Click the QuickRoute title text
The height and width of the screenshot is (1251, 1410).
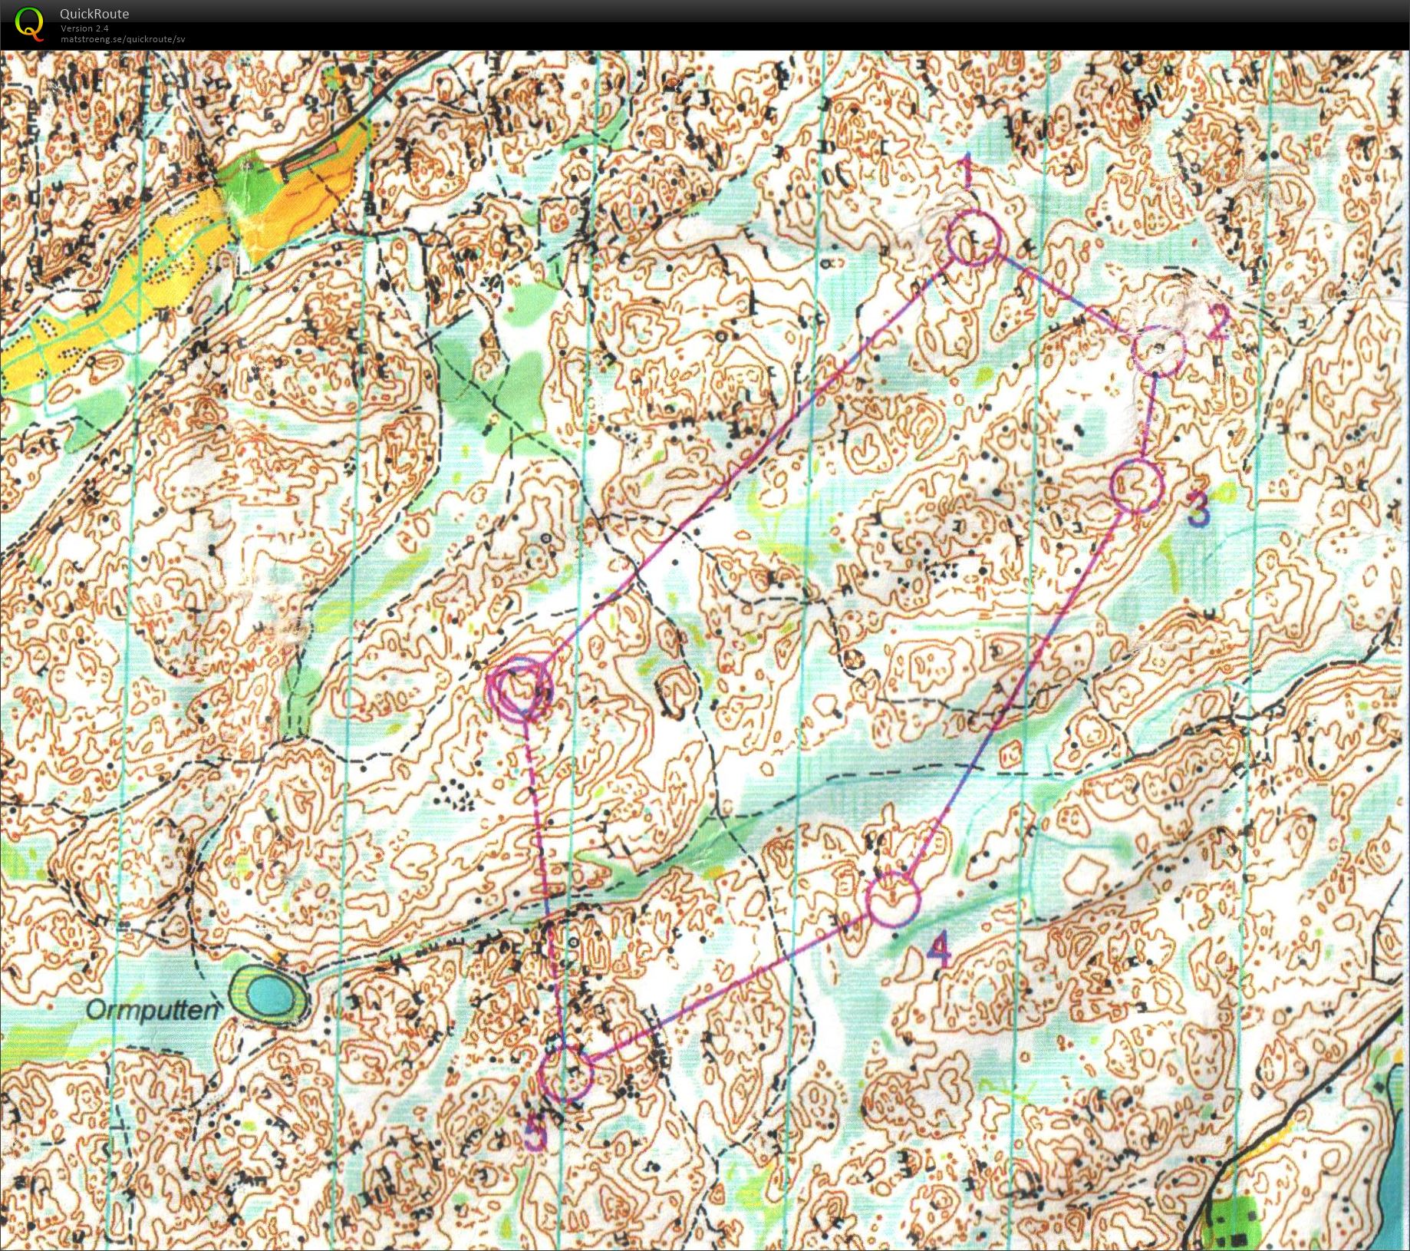click(94, 13)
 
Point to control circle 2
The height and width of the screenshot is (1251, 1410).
click(1158, 350)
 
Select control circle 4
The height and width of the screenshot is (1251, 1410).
click(893, 899)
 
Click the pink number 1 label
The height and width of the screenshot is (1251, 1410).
click(967, 172)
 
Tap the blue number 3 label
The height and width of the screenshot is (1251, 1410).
click(1198, 510)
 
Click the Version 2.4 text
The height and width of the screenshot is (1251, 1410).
click(84, 28)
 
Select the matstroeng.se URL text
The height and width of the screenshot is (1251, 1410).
click(123, 38)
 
